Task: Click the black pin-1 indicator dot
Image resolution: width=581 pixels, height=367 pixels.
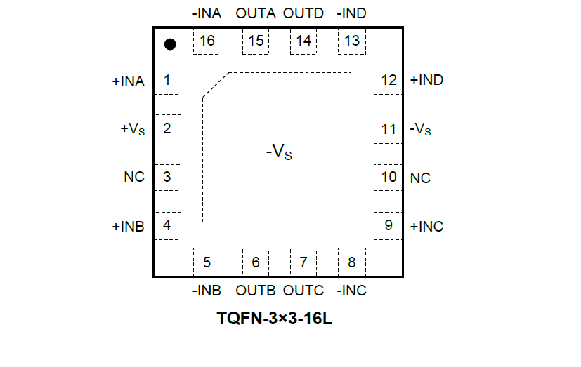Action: tap(170, 44)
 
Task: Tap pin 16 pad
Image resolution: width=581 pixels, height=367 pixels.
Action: tap(207, 41)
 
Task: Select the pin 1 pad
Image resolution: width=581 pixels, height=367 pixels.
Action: tap(167, 80)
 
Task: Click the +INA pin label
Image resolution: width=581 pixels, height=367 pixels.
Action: tap(128, 81)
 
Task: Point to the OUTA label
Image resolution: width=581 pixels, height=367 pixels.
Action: tap(256, 13)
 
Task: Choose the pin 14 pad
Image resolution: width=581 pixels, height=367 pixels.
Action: tap(303, 41)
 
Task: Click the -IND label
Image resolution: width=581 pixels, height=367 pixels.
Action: tap(351, 13)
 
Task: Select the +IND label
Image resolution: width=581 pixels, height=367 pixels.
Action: tap(426, 80)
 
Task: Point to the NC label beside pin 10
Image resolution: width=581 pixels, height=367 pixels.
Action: tap(420, 178)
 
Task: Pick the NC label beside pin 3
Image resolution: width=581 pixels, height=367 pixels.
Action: tap(133, 177)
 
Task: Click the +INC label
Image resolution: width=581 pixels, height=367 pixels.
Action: tap(426, 227)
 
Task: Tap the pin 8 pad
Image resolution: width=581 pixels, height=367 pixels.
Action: tap(351, 262)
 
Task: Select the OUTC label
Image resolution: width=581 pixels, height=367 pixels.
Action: tap(303, 291)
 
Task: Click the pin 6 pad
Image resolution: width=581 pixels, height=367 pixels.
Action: tap(256, 262)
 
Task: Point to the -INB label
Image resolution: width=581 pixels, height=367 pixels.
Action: tap(207, 291)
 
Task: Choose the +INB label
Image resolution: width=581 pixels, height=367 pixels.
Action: tap(128, 227)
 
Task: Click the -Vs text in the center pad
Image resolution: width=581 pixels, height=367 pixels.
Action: tap(278, 151)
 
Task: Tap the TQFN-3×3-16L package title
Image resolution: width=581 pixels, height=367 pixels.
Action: tap(275, 319)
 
